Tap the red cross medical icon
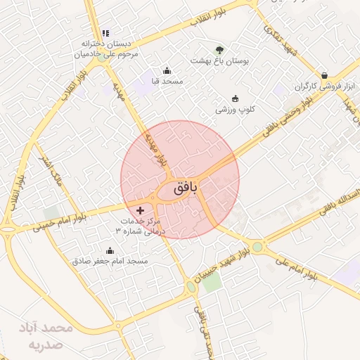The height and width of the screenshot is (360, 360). coord(140,210)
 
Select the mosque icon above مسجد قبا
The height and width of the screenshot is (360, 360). coord(167,70)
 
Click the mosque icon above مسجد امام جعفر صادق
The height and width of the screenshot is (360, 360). coord(110,250)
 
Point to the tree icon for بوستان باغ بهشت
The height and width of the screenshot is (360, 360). coord(219,50)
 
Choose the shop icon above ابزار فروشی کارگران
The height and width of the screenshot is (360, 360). coord(324,75)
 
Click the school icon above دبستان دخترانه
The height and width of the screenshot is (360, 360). coord(105,33)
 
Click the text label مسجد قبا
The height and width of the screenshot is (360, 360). coord(167,82)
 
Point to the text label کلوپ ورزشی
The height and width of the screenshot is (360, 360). coord(235,110)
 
